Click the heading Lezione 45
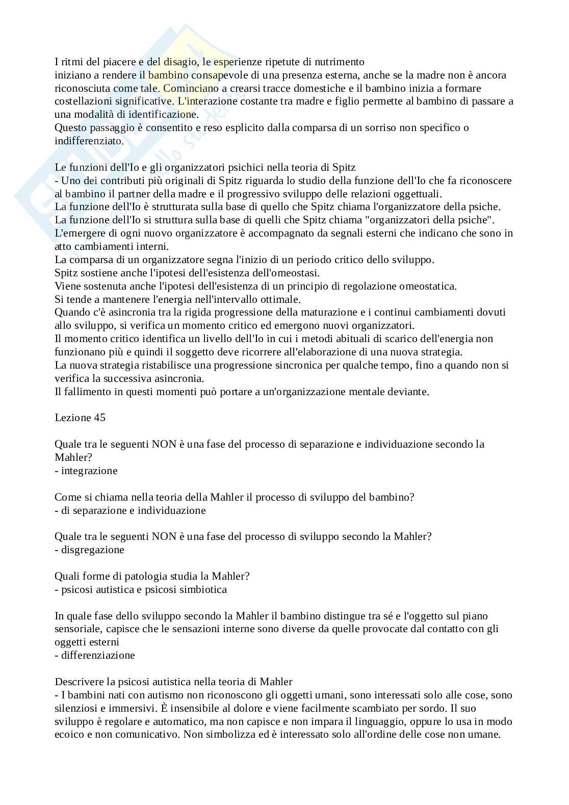[x=80, y=417]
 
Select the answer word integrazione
[x=89, y=471]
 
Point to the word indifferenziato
[x=88, y=141]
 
